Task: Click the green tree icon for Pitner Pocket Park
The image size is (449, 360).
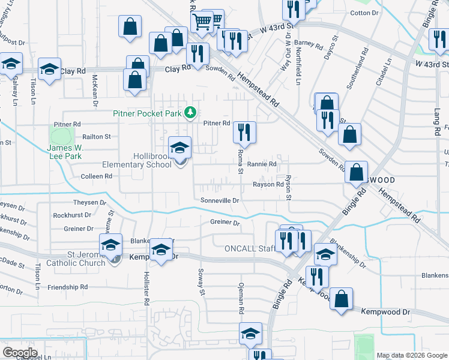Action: [x=190, y=112]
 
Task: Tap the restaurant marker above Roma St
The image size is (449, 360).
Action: [x=244, y=132]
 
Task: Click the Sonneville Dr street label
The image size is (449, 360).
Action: [x=220, y=200]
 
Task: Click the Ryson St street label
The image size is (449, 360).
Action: [x=289, y=187]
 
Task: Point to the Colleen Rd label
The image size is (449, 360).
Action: [x=97, y=176]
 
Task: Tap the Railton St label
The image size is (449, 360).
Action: [x=97, y=137]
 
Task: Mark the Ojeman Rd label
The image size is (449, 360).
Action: [x=241, y=299]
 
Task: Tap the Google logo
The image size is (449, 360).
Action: [x=20, y=353]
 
